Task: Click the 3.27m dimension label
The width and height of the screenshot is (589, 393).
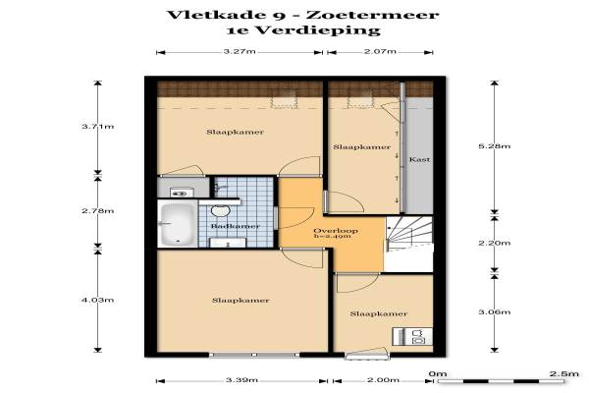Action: coord(240,51)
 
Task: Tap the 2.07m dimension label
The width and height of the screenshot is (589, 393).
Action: coord(380,51)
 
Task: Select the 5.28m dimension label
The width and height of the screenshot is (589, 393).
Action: coord(495,146)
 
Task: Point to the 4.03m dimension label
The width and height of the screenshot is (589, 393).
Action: coord(97,300)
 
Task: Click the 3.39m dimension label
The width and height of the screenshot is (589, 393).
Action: coord(241,380)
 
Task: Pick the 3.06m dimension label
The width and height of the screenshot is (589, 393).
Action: coord(495,312)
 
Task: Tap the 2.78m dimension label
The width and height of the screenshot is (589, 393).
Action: coord(97,211)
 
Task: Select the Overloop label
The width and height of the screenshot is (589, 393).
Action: coord(336,231)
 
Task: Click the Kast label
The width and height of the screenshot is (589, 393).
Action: coord(419,159)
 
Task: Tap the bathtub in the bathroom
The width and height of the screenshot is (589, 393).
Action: coord(178,224)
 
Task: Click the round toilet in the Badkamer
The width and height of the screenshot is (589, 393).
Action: coord(221,211)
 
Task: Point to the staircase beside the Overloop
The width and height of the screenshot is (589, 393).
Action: coord(409,234)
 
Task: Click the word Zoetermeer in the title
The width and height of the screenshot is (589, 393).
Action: coord(373,15)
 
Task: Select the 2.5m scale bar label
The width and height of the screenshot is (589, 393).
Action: coord(563,373)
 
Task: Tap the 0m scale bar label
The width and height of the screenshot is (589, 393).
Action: coord(438,373)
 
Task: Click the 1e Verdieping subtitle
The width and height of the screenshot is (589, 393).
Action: coord(303,30)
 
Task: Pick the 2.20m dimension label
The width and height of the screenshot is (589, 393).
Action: coord(495,243)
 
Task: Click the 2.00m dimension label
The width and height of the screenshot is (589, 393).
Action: coord(383,380)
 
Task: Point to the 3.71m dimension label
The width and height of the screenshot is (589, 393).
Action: coord(97,127)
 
